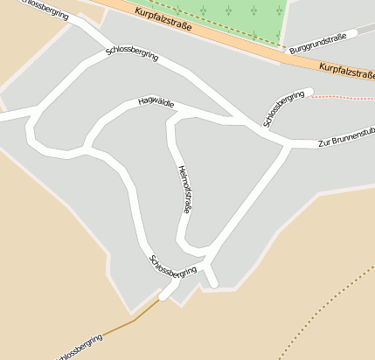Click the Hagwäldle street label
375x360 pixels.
pyautogui.click(x=156, y=103)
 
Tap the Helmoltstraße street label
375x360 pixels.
pyautogui.click(x=184, y=189)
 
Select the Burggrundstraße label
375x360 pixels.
pyautogui.click(x=318, y=41)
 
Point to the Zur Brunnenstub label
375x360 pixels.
pyautogui.click(x=346, y=135)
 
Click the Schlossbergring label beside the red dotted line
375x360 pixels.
pyautogui.click(x=288, y=107)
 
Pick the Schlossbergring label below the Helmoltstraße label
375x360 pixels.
pyautogui.click(x=173, y=267)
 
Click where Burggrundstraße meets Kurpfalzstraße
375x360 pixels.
pyautogui.click(x=289, y=53)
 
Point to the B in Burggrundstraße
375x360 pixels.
pyautogui.click(x=293, y=52)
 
